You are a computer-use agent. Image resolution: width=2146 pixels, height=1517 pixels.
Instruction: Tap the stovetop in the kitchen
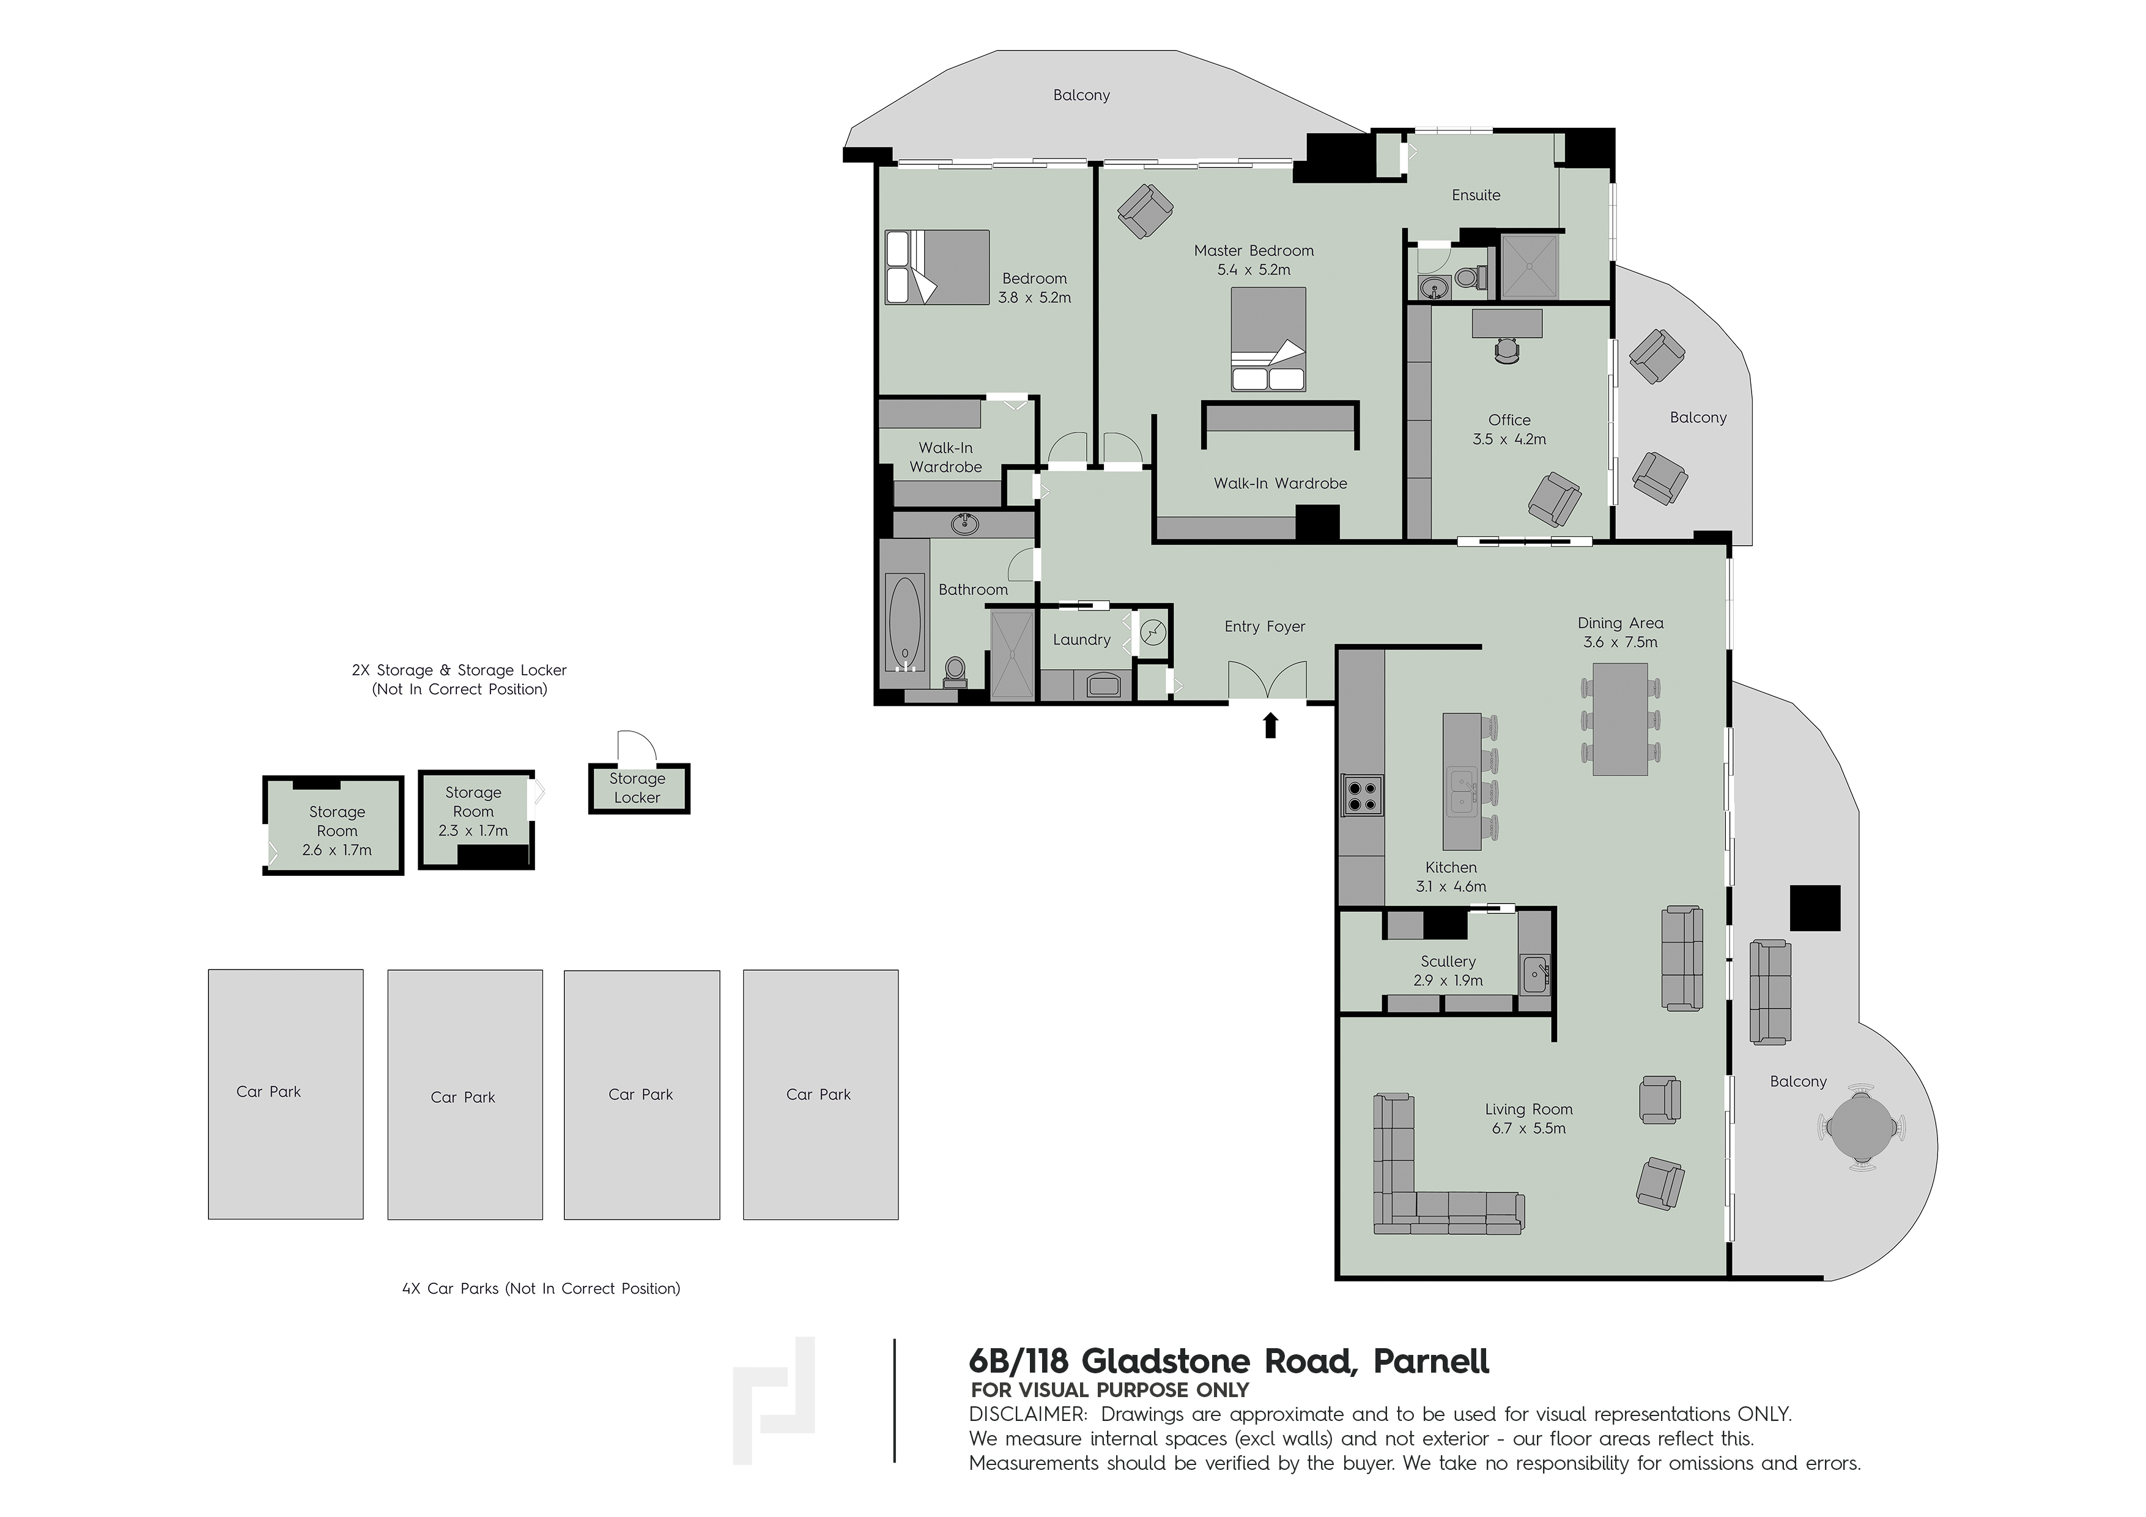click(1362, 795)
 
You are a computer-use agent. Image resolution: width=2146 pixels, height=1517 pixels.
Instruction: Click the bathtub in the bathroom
click(904, 621)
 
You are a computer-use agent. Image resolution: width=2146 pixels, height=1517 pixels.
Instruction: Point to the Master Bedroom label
click(1253, 251)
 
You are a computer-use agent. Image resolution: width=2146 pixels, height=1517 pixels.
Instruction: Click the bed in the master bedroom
click(1268, 338)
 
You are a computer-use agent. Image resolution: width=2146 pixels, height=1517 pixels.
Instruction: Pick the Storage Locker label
click(637, 788)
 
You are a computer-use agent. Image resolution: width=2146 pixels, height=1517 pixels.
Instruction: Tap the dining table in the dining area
click(1620, 719)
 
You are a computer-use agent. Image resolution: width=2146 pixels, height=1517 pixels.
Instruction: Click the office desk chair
click(1508, 351)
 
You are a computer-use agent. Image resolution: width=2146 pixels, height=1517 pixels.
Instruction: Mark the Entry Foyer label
click(1265, 626)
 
